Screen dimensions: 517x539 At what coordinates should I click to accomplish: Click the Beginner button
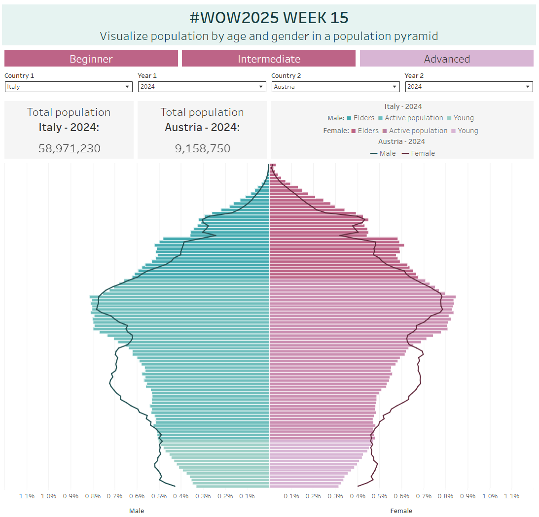91,59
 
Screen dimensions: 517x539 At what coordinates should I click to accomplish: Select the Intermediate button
269,59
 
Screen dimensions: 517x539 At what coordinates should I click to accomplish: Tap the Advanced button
447,59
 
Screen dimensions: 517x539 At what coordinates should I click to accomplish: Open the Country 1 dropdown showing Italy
69,87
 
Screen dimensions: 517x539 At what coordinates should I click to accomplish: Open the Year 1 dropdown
202,87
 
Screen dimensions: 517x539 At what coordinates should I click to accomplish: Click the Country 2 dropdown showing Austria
335,87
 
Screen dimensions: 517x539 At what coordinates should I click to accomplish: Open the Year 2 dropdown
469,87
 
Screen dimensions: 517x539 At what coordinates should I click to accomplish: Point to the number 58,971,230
69,148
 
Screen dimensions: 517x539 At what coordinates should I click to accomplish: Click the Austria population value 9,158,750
202,148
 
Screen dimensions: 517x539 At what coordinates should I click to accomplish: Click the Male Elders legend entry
360,118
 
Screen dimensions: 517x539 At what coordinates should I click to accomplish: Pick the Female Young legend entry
465,131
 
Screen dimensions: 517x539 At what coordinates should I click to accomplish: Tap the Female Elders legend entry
365,131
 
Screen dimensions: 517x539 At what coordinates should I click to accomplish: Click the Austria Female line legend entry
419,153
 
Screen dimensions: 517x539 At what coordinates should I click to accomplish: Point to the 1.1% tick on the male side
27,496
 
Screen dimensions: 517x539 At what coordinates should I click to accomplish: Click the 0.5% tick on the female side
380,496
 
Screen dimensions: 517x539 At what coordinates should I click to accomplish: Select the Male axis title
137,511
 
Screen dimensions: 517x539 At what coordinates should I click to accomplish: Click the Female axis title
401,511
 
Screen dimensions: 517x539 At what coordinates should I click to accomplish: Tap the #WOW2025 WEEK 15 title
269,18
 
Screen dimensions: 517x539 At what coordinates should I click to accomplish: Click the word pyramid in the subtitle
416,36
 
